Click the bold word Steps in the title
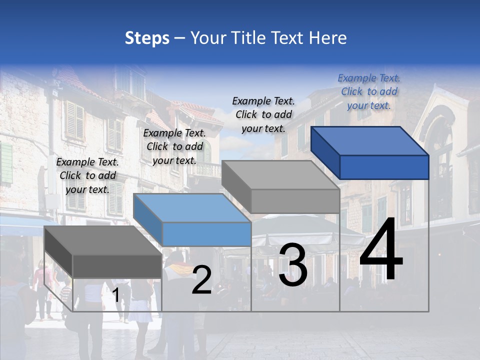pyautogui.click(x=147, y=38)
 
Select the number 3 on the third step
pyautogui.click(x=292, y=265)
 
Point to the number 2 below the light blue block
pyautogui.click(x=201, y=280)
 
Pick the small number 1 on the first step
pyautogui.click(x=116, y=295)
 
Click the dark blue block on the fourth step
pyautogui.click(x=370, y=152)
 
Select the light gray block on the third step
pyautogui.click(x=281, y=187)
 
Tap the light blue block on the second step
pyautogui.click(x=192, y=220)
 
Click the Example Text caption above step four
pyautogui.click(x=369, y=91)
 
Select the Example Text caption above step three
pyautogui.click(x=263, y=114)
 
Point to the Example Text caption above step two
pyautogui.click(x=174, y=146)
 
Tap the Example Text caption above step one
pyautogui.click(x=87, y=175)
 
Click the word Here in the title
pyautogui.click(x=328, y=38)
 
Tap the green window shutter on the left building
pyautogui.click(x=6, y=162)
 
